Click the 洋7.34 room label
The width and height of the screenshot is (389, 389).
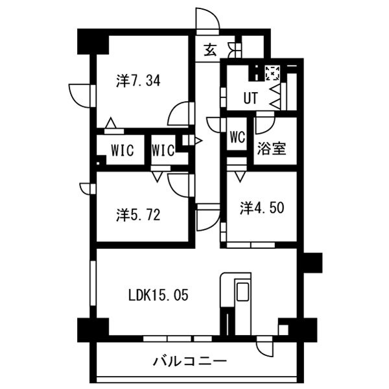(x=138, y=80)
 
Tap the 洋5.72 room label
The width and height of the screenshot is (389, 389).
(x=138, y=215)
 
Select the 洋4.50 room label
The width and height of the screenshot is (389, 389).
(x=262, y=207)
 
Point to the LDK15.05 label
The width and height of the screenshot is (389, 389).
(x=158, y=295)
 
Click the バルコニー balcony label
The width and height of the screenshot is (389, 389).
(x=190, y=361)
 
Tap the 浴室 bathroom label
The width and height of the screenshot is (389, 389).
(x=272, y=148)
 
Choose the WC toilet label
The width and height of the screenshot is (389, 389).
(x=237, y=136)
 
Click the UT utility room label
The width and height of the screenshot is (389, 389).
(x=251, y=98)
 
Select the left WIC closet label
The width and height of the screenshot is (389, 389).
(x=123, y=150)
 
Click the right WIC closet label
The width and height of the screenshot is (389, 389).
(x=163, y=150)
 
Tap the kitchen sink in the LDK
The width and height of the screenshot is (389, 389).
(x=242, y=292)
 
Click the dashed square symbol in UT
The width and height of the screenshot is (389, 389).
(x=272, y=73)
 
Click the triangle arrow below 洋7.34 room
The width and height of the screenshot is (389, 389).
(x=111, y=123)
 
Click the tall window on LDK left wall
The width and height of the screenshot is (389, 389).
(x=93, y=283)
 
